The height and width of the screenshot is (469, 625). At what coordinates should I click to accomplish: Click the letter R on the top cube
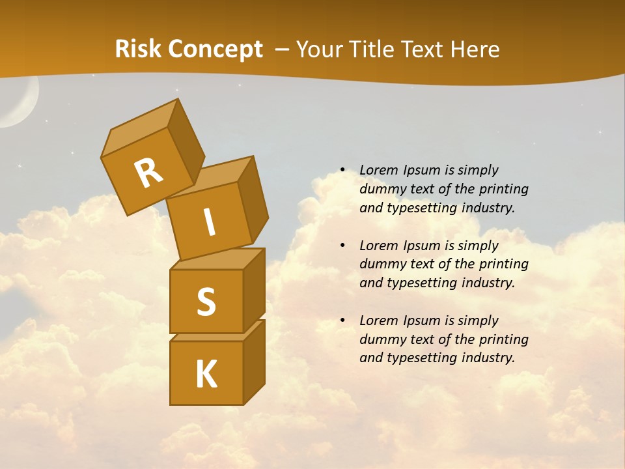click(148, 173)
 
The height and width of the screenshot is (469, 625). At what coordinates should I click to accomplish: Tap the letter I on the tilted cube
click(209, 222)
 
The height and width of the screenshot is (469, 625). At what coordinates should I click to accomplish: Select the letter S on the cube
click(206, 302)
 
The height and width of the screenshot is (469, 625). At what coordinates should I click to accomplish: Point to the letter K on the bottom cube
click(206, 375)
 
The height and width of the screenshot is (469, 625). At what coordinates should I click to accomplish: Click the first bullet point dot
click(342, 170)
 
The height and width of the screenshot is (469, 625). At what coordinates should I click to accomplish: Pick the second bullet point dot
click(342, 246)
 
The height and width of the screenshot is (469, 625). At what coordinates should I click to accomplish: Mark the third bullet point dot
click(342, 320)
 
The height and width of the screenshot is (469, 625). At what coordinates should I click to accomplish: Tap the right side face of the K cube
click(254, 361)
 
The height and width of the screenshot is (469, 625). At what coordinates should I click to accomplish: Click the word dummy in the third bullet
click(381, 339)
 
